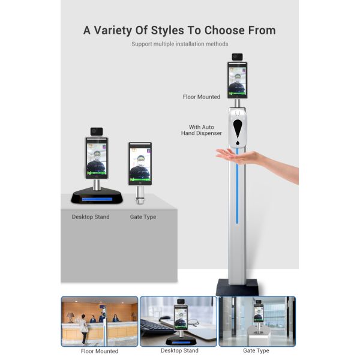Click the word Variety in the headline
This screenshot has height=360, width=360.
(x=113, y=31)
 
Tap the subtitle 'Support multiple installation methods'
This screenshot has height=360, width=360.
(x=180, y=44)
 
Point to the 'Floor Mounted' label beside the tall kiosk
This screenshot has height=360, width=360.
(x=202, y=97)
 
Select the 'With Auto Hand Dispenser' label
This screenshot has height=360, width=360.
(x=202, y=130)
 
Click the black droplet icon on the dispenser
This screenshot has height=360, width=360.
(x=238, y=132)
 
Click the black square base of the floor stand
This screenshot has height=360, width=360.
(x=237, y=287)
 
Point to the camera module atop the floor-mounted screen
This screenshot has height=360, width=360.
(x=237, y=57)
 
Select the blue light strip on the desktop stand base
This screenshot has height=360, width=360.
(x=97, y=199)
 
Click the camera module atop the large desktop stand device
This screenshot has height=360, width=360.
(x=97, y=131)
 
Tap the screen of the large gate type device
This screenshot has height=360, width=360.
(x=140, y=164)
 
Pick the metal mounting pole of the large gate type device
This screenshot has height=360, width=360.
(x=140, y=194)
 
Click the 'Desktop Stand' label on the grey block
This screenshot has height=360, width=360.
(x=91, y=217)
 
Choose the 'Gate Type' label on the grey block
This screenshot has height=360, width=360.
(x=143, y=217)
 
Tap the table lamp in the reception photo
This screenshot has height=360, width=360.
(x=70, y=317)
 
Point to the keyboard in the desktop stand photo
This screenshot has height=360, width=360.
(x=154, y=328)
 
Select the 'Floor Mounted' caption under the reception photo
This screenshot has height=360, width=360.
(x=100, y=351)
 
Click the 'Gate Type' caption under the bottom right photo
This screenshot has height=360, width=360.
(x=256, y=350)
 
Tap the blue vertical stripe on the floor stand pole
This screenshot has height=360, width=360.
(x=237, y=185)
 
